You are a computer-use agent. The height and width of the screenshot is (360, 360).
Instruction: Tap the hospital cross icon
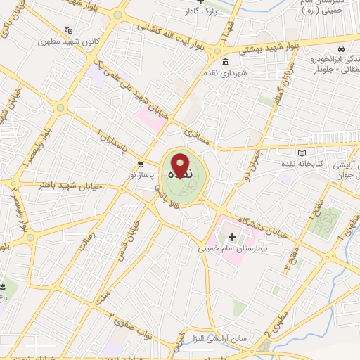click(232, 237)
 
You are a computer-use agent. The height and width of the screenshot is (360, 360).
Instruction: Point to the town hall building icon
click(225, 63)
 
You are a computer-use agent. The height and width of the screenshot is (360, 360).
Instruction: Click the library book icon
click(303, 153)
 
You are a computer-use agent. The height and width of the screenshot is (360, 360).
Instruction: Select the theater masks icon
click(67, 31)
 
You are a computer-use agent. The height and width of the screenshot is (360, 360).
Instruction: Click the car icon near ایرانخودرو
click(340, 49)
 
